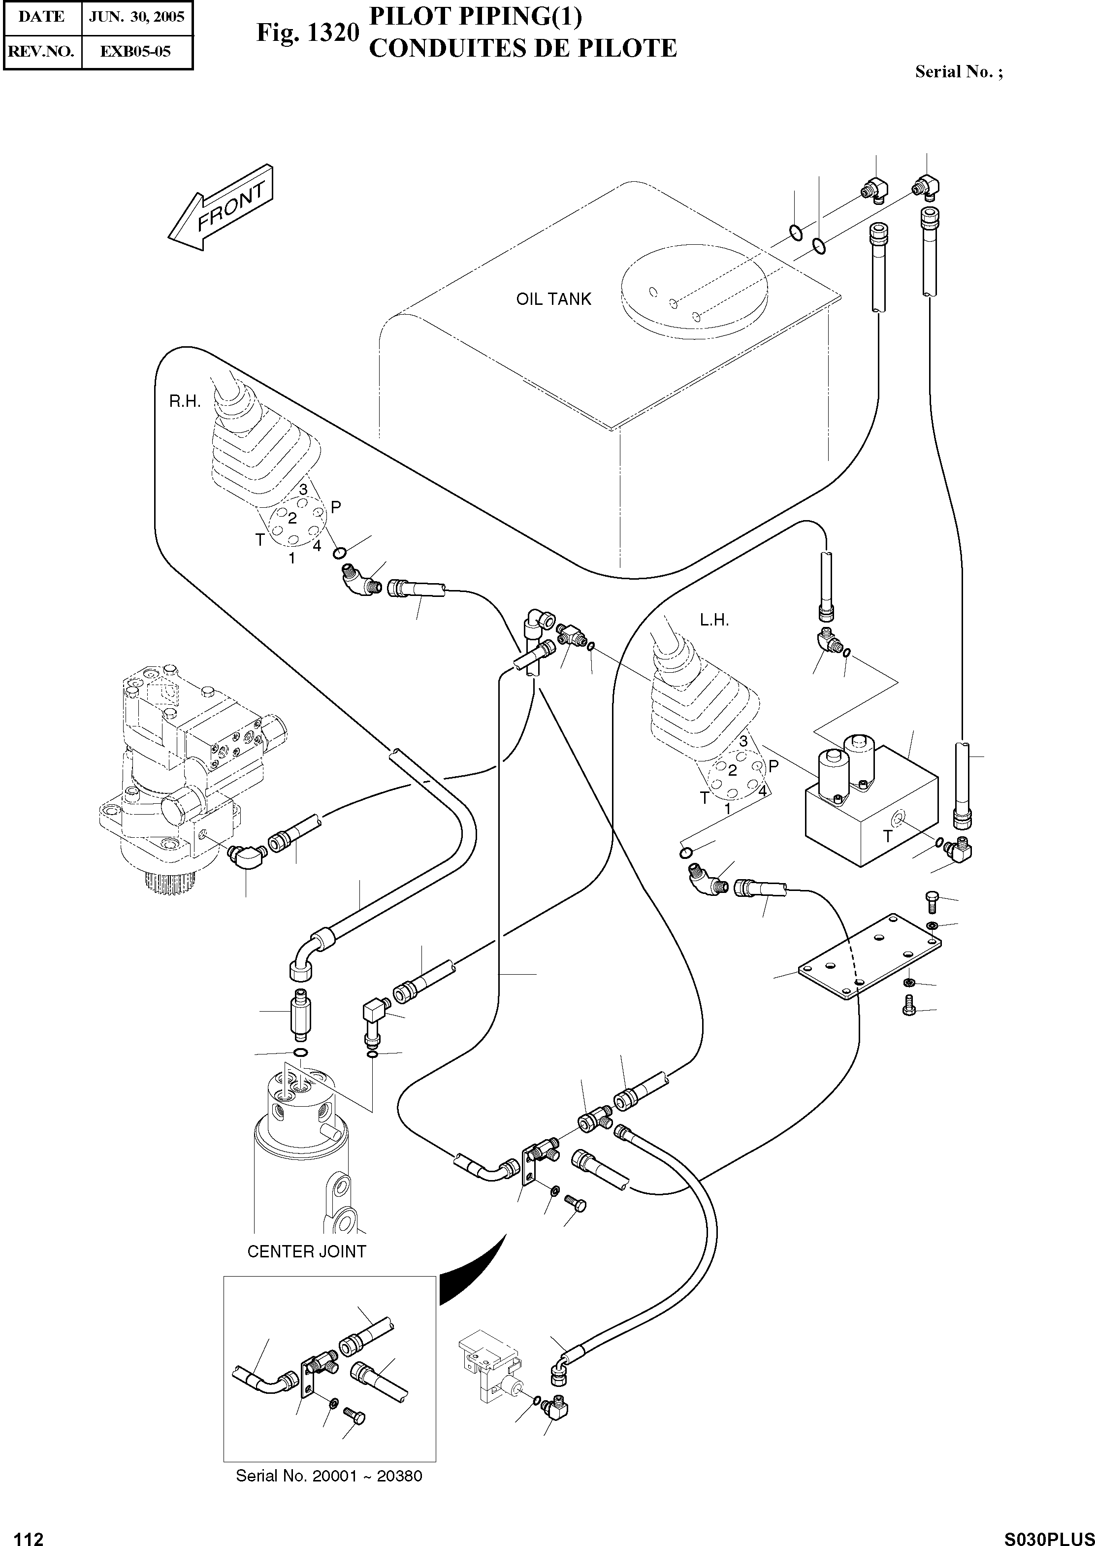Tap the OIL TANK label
(x=553, y=299)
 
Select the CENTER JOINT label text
(x=306, y=1251)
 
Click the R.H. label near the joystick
(x=185, y=401)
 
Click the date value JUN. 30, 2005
(x=137, y=17)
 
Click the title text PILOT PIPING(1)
(x=475, y=16)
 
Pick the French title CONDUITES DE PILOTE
(x=522, y=49)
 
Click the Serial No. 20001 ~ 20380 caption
(x=329, y=1476)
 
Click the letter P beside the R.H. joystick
(x=336, y=507)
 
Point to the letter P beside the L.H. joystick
(x=773, y=765)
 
